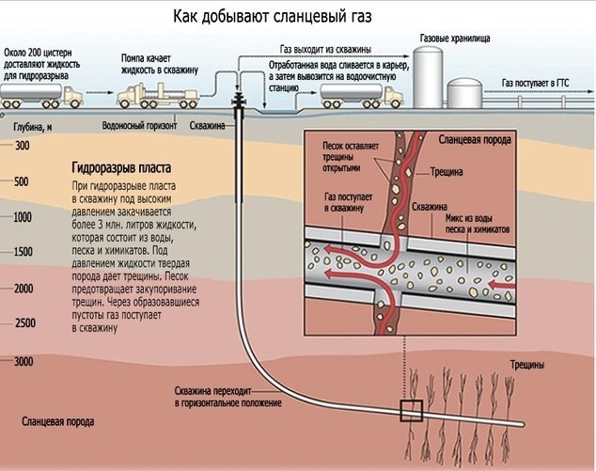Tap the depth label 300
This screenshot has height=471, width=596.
click(x=23, y=147)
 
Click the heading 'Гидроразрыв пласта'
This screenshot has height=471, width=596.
click(x=120, y=168)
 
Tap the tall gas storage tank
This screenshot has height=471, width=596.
click(x=430, y=74)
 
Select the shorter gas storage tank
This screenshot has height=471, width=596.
click(x=464, y=91)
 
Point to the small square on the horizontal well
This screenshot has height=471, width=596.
click(x=410, y=410)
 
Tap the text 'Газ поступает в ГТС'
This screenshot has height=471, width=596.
click(x=536, y=84)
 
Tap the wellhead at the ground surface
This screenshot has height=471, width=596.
click(x=243, y=101)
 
